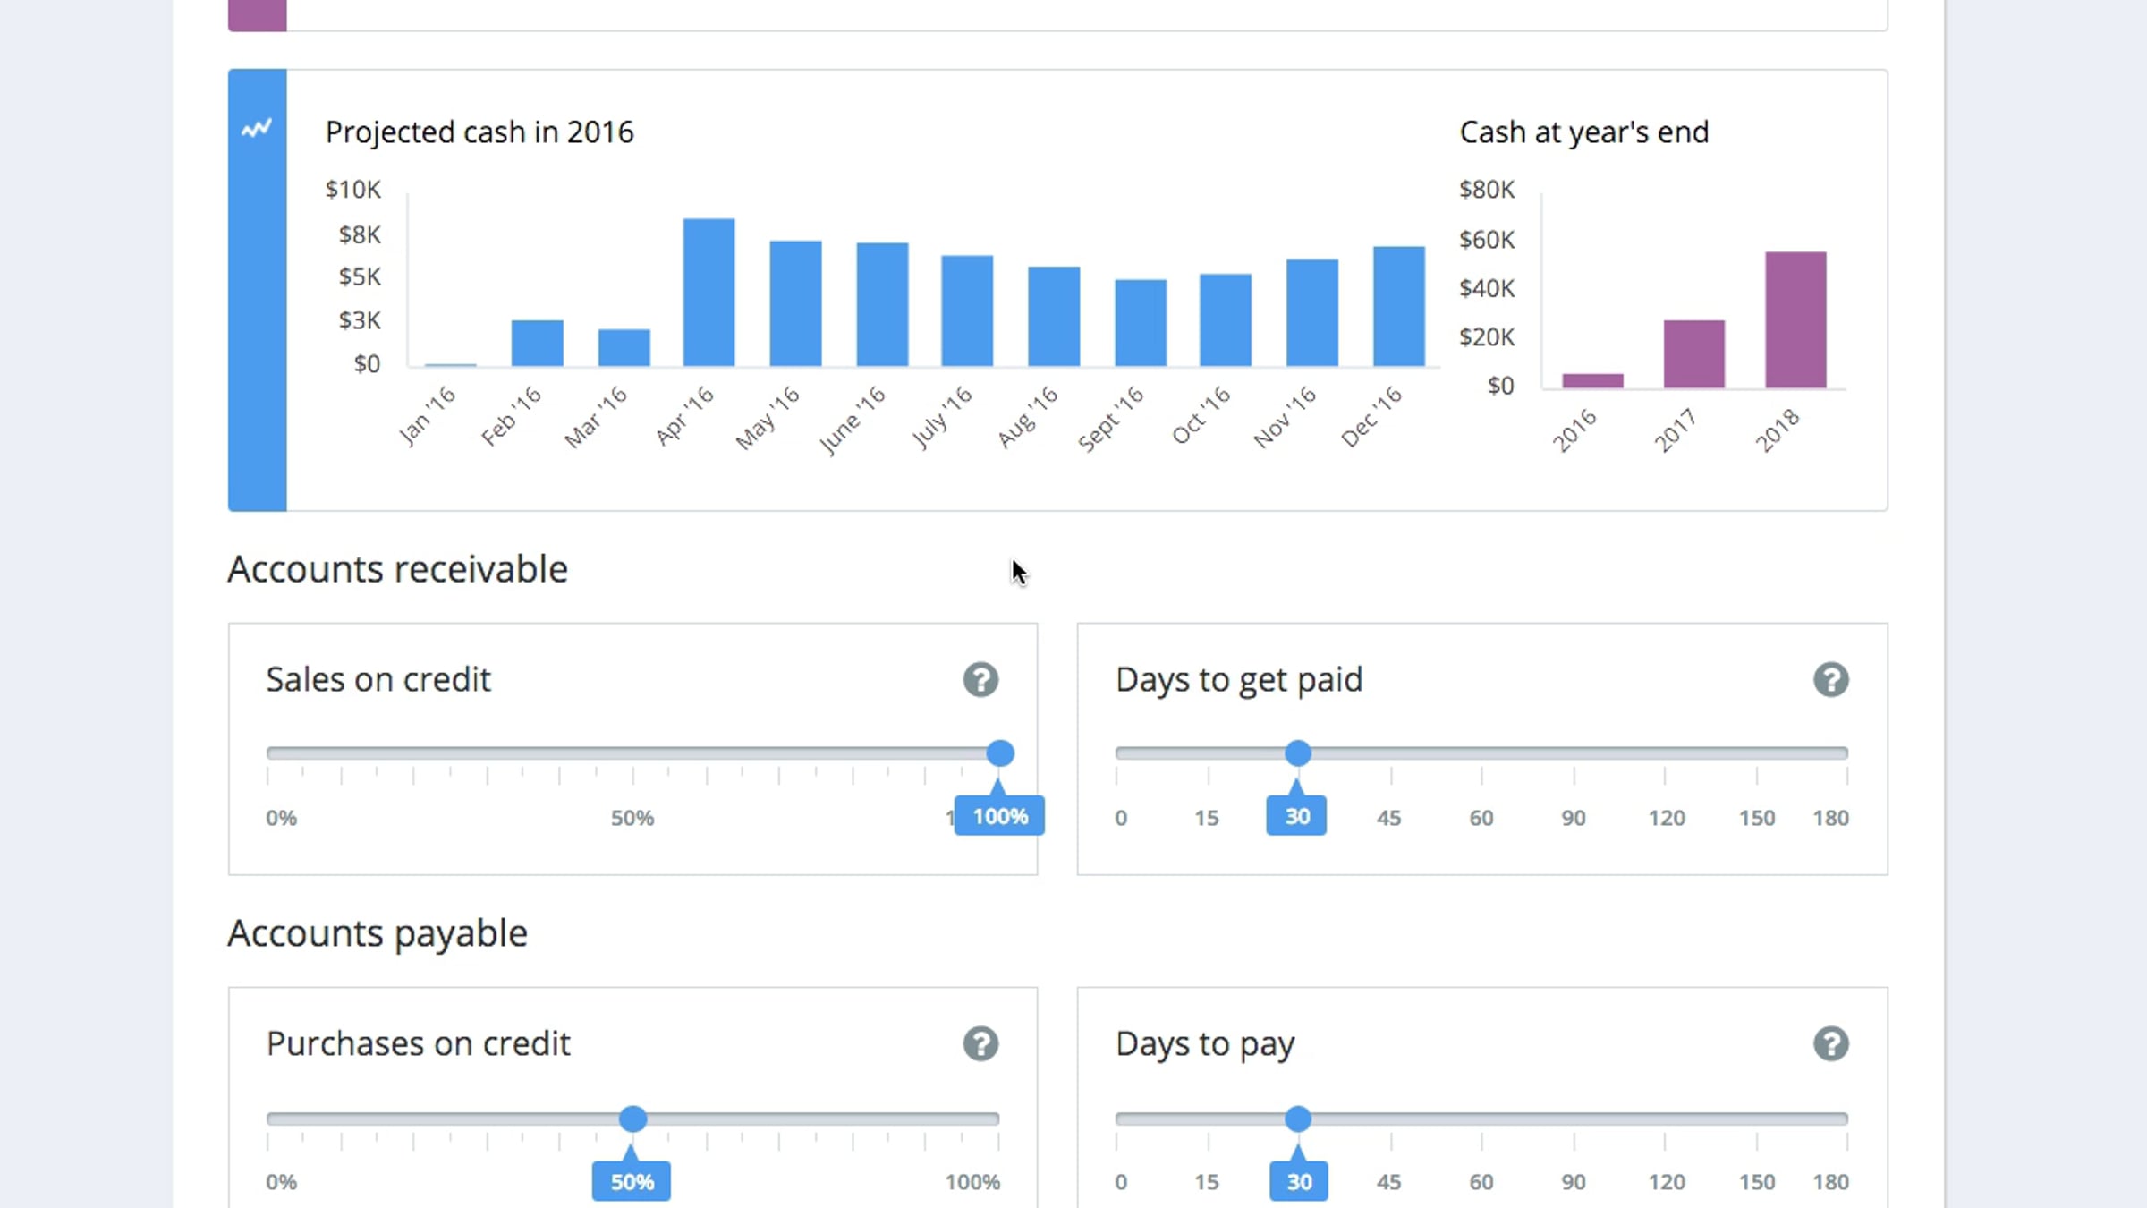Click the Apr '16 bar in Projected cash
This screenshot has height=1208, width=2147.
tap(709, 293)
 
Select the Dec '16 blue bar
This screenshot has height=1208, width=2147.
tap(1399, 306)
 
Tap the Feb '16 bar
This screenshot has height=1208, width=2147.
tap(537, 343)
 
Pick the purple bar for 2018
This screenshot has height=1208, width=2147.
tap(1795, 319)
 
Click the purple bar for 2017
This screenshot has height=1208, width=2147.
tap(1694, 353)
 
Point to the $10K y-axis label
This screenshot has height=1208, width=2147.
tap(352, 190)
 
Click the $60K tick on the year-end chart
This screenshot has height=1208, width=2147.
tap(1487, 240)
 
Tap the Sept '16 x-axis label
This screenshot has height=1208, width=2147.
tap(1111, 419)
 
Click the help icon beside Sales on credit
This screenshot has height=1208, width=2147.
tap(980, 680)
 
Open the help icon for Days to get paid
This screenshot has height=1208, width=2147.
tap(1831, 680)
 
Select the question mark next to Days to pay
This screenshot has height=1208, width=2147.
tap(1831, 1044)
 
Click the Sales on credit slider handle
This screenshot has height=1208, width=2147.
tap(1000, 753)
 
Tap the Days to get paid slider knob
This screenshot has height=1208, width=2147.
tap(1298, 753)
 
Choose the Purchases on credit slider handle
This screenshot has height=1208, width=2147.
tap(632, 1119)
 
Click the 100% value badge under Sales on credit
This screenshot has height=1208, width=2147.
tap(999, 816)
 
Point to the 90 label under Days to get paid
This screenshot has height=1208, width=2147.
tap(1574, 818)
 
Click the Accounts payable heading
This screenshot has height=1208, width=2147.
tap(378, 934)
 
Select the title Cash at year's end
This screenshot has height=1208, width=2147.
tap(1584, 132)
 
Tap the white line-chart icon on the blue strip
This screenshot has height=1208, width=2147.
tap(257, 128)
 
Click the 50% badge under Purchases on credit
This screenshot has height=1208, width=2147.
tap(632, 1181)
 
